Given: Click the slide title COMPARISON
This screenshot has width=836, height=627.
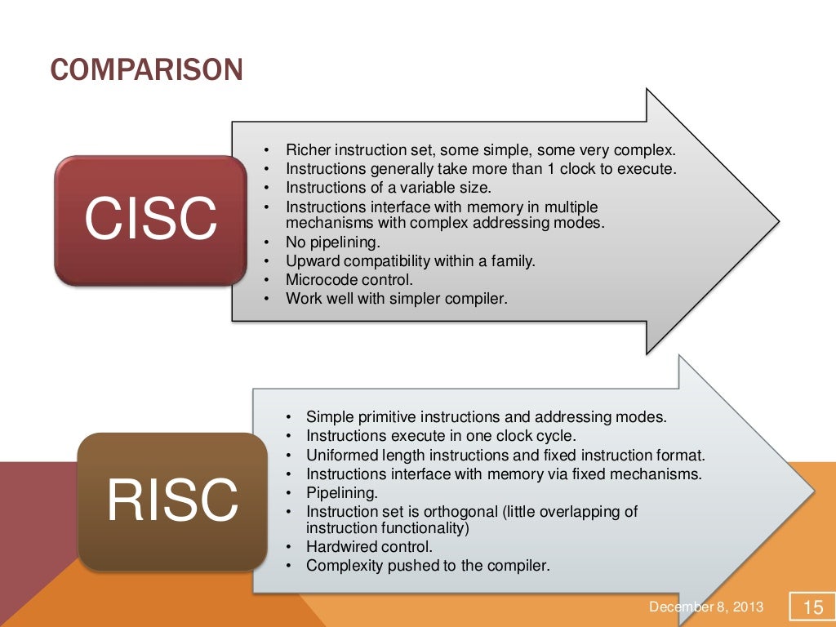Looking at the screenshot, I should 146,70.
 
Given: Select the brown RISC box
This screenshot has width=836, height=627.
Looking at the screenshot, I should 172,501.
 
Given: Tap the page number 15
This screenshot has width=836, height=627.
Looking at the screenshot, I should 813,607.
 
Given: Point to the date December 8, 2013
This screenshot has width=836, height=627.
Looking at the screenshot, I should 706,607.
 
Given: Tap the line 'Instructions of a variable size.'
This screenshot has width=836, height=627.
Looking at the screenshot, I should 388,187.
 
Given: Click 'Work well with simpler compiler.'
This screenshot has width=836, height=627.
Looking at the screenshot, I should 396,299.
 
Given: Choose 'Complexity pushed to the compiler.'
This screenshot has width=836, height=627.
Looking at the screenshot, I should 428,565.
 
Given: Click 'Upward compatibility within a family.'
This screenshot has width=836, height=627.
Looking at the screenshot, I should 410,261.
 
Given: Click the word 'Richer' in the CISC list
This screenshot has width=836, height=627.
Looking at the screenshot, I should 306,150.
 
